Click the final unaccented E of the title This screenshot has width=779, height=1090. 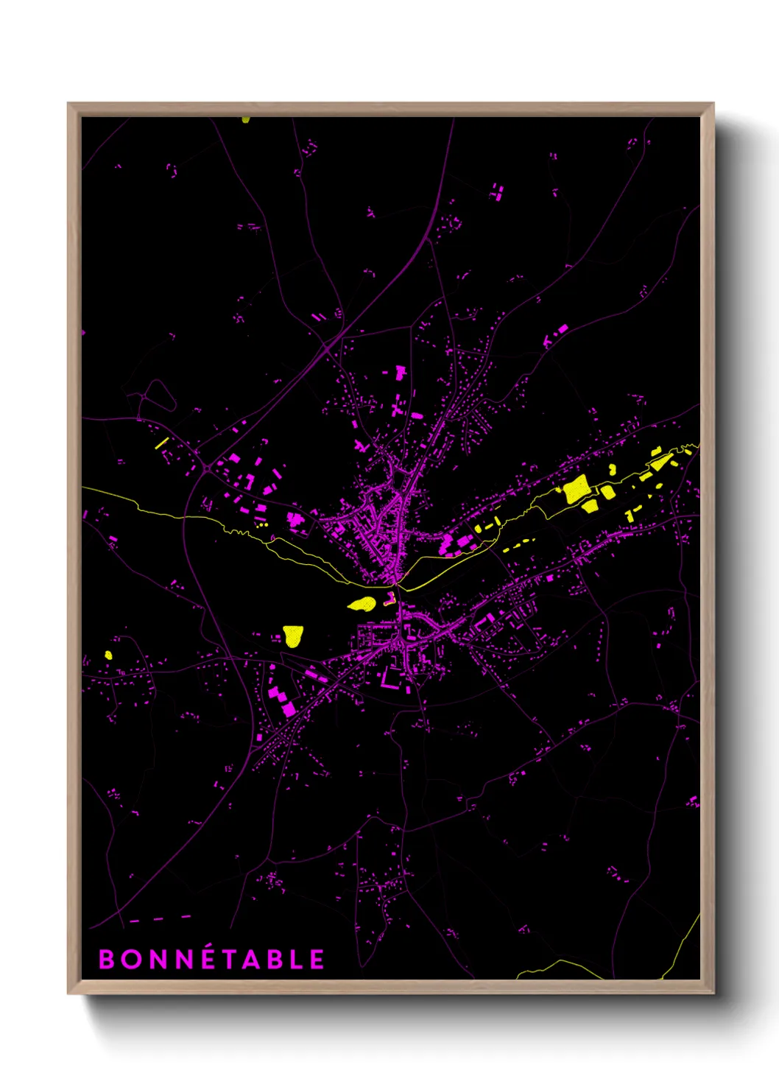[317, 960]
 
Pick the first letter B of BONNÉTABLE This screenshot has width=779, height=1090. [107, 960]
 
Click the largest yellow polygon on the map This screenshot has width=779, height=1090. [576, 490]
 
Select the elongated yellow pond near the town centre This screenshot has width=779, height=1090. [362, 604]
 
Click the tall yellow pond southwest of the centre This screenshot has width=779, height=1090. [293, 636]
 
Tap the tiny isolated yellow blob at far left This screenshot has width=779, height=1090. [108, 655]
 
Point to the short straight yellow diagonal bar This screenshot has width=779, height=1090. [162, 443]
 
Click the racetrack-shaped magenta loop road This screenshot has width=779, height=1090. [158, 395]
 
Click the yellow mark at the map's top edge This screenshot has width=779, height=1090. [245, 119]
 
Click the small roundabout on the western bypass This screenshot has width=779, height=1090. [208, 468]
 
